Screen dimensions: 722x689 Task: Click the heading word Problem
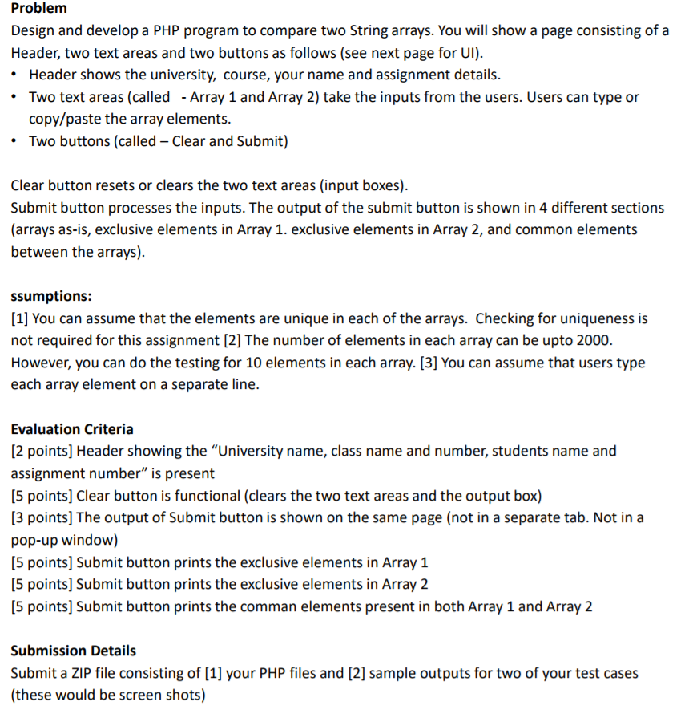[38, 8]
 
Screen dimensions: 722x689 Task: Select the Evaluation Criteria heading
[72, 429]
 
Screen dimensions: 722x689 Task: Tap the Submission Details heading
[74, 651]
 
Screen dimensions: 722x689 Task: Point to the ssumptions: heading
[51, 296]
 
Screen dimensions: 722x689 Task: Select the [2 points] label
[42, 451]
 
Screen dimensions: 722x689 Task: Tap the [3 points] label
[42, 517]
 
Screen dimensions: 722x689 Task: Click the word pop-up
[34, 540]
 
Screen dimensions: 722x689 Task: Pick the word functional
[204, 496]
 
